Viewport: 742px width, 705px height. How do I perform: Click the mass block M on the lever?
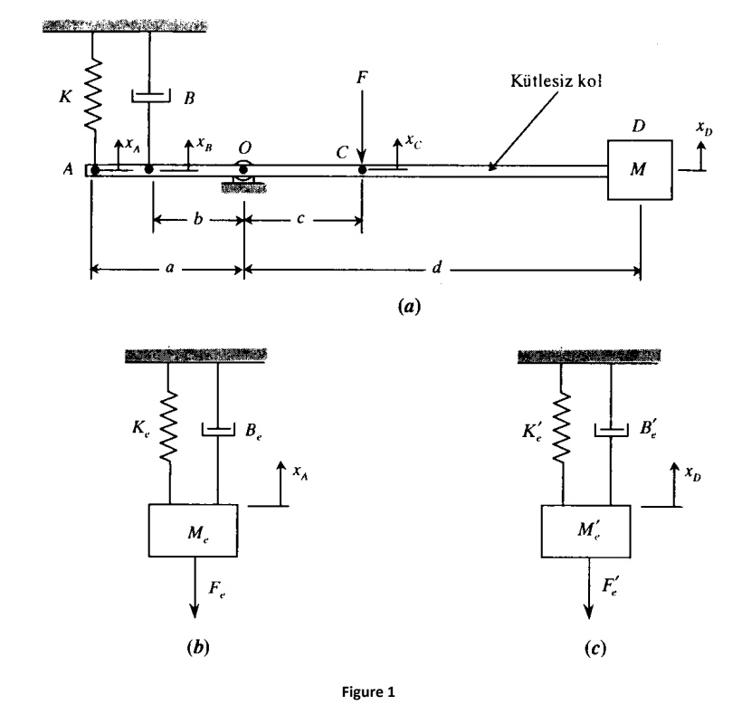(x=640, y=170)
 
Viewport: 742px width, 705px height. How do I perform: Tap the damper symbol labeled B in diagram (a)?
(x=150, y=93)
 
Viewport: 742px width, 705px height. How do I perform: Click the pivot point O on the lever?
(x=243, y=169)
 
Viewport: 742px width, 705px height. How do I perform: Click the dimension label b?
(x=198, y=219)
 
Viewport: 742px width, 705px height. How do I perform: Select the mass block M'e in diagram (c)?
(x=587, y=530)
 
